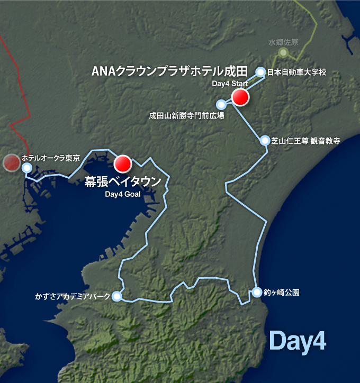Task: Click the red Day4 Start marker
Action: click(x=240, y=97)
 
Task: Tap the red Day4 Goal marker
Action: click(x=123, y=163)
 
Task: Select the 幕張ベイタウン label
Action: click(x=123, y=181)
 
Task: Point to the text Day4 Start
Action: click(x=227, y=84)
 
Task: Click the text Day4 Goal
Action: click(x=122, y=194)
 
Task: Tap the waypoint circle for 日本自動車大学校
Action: click(x=260, y=72)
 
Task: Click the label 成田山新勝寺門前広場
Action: click(x=186, y=115)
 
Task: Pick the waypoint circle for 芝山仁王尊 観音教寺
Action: click(x=265, y=140)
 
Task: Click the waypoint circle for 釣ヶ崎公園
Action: click(x=257, y=292)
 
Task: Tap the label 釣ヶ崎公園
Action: click(x=282, y=292)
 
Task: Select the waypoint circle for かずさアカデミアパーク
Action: click(x=117, y=297)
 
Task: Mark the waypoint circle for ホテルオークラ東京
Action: click(x=27, y=168)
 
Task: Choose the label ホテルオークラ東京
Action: click(x=51, y=158)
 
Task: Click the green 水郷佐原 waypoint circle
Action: click(x=284, y=52)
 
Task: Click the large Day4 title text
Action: click(x=297, y=341)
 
